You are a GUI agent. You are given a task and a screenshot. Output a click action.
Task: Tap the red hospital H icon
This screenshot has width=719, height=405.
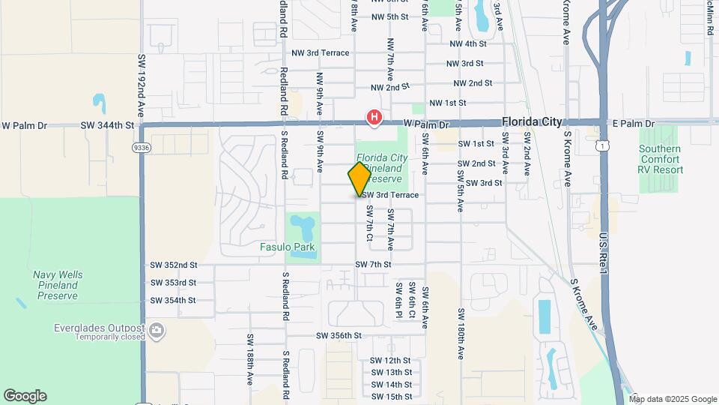tap(374, 117)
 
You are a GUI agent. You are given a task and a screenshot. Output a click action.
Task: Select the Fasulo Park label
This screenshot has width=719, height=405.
tap(287, 247)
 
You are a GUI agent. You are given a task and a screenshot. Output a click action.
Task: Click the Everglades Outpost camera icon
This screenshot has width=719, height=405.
tap(157, 329)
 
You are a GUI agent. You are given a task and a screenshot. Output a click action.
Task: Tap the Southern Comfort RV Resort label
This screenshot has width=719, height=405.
tap(661, 159)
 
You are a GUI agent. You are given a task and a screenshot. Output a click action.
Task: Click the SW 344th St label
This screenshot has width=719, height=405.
tap(108, 125)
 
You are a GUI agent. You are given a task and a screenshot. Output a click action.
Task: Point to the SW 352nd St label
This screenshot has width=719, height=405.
tap(173, 265)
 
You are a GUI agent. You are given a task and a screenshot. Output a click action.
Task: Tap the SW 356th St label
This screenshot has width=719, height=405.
tap(339, 335)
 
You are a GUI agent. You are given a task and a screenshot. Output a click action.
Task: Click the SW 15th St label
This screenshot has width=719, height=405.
tap(391, 396)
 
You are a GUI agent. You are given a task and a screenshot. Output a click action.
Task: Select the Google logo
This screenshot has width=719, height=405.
tap(25, 396)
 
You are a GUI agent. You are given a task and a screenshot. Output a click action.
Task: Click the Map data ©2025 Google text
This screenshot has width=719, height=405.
tap(672, 399)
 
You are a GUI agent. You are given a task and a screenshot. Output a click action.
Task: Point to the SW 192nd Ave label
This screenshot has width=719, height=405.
tap(141, 82)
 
